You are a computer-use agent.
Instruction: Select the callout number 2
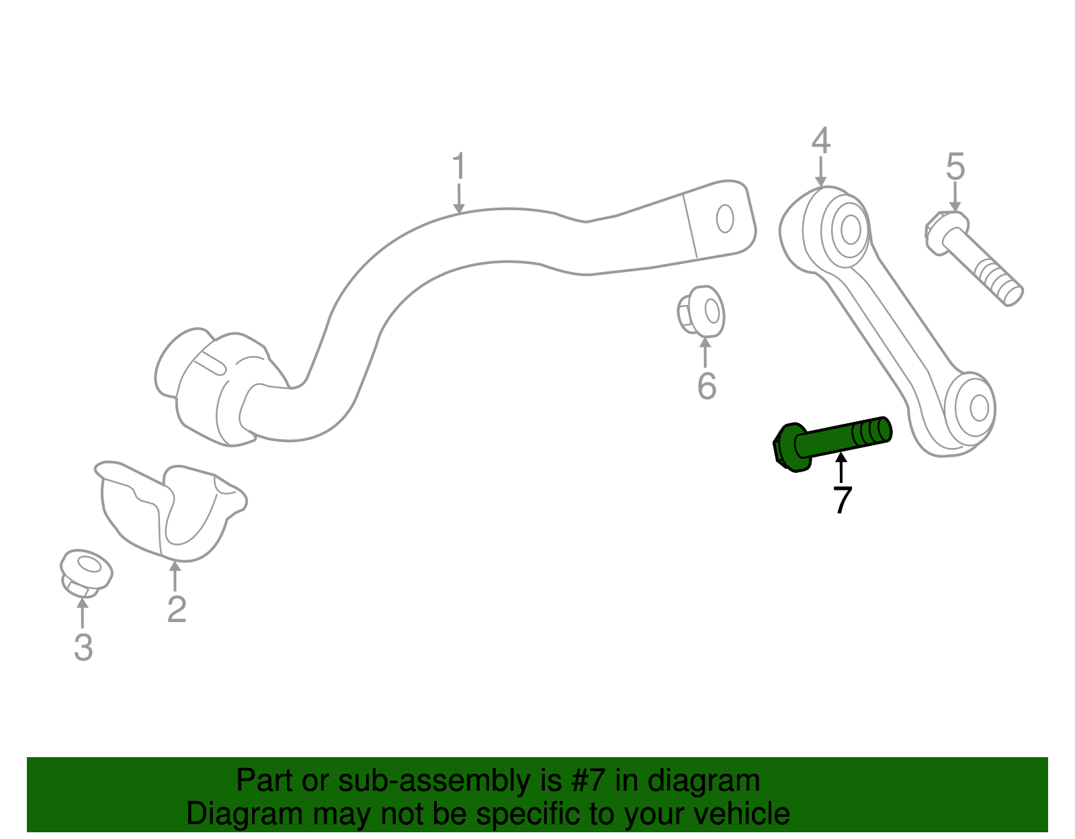(x=176, y=609)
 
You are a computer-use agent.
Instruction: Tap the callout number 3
(x=83, y=648)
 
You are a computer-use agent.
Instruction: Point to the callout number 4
(x=820, y=140)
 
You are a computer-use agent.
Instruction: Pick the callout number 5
(x=955, y=166)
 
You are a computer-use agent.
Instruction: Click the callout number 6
(x=706, y=386)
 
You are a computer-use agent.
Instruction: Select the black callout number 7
(x=842, y=500)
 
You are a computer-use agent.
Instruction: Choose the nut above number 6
(x=701, y=312)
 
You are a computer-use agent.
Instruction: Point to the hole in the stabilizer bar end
(x=724, y=219)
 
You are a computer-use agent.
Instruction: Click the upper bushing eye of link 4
(x=849, y=230)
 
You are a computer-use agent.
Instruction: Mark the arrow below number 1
(x=458, y=199)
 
